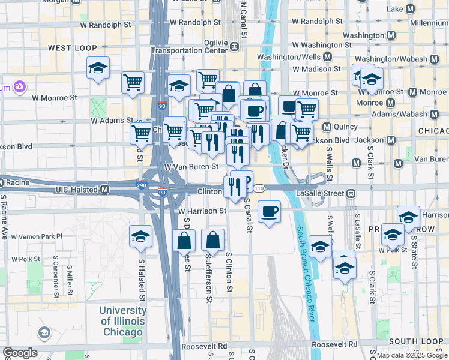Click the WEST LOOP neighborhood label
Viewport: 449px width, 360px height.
point(70,47)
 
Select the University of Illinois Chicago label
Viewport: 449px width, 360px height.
point(122,322)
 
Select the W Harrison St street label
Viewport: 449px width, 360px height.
point(202,211)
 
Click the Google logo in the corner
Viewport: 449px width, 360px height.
point(19,353)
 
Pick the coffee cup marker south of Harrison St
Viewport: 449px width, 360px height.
point(269,211)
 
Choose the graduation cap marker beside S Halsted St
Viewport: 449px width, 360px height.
point(140,237)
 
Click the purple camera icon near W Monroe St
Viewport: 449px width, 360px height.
point(20,87)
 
